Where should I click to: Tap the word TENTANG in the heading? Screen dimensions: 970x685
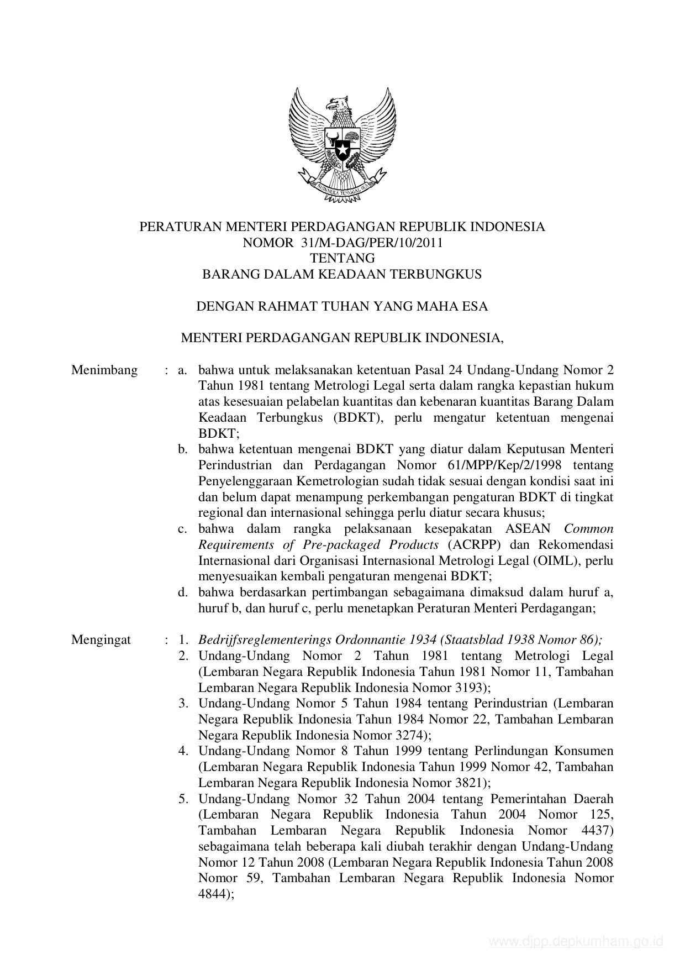[x=342, y=258]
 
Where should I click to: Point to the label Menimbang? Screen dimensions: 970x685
[x=104, y=370]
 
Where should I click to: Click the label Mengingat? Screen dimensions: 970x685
[x=101, y=640]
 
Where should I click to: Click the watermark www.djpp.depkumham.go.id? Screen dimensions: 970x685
[x=575, y=942]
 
